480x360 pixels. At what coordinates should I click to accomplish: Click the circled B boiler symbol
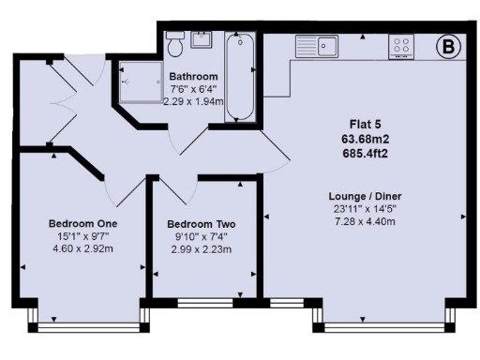pos(448,44)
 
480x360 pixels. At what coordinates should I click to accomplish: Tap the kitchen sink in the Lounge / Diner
pos(318,44)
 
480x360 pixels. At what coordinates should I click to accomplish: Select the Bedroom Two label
pos(201,224)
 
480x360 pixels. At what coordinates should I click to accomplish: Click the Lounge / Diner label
pos(359,196)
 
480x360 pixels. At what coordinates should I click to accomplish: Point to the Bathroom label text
pos(193,76)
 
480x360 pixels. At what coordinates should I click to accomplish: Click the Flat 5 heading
pos(359,124)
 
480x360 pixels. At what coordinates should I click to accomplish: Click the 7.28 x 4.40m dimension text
pos(359,222)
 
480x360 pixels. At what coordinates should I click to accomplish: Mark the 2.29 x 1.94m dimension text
pos(194,101)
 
